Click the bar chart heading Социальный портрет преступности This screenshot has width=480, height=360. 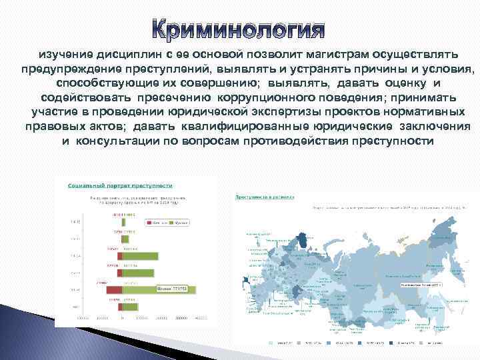tap(120, 186)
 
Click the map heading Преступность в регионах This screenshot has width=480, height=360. tap(260, 197)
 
